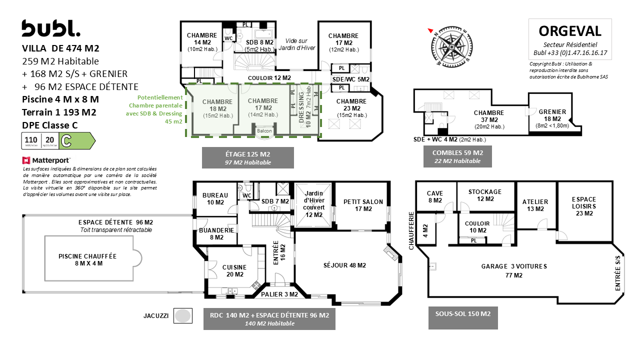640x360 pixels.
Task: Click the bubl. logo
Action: point(51,28)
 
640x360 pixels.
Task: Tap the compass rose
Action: point(451,47)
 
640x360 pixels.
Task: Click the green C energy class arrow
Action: point(77,140)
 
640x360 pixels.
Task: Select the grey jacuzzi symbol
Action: point(183,315)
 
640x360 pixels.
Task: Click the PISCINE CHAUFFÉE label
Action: point(87,259)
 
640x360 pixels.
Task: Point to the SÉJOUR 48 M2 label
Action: point(344,265)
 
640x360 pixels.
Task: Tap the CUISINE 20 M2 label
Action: point(234,271)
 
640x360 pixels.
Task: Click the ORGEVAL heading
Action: point(570,31)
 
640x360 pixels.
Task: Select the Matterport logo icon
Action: point(26,160)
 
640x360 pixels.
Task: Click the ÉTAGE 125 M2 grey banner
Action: point(247,157)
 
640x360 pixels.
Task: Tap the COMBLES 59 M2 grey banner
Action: point(457,156)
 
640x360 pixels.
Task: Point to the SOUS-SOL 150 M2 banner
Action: point(463,317)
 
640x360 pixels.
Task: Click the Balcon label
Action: point(264,131)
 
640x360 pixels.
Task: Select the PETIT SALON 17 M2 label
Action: point(363,205)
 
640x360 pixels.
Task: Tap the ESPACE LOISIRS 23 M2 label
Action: point(584,206)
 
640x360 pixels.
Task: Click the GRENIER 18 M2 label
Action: point(552,115)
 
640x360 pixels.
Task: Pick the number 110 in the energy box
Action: point(31,139)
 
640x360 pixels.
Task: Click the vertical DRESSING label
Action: point(301,107)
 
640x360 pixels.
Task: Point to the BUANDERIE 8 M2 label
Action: point(216,233)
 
